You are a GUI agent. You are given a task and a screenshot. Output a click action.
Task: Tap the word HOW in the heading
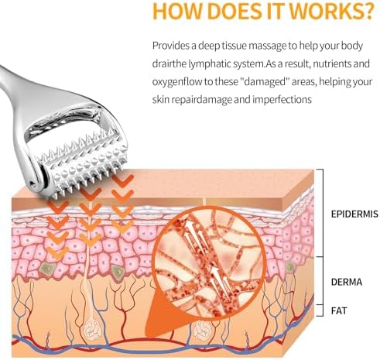click(x=177, y=11)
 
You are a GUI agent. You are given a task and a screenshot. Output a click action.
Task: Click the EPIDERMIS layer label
click(x=354, y=214)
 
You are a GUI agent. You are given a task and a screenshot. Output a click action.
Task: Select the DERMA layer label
click(x=347, y=282)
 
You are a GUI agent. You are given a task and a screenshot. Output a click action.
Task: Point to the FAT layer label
click(x=339, y=310)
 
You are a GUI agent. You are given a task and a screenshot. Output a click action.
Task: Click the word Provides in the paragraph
click(x=171, y=46)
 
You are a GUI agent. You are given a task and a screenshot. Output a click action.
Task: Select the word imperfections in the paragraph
click(x=282, y=100)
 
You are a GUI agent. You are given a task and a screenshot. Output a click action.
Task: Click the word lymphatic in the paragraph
click(x=209, y=63)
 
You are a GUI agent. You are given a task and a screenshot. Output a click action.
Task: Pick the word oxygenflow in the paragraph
click(x=177, y=82)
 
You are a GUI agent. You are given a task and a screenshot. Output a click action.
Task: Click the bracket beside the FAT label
click(x=322, y=310)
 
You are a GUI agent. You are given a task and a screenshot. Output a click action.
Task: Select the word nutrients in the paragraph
click(x=331, y=63)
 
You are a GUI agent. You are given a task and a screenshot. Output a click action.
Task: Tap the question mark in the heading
click(x=368, y=11)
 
